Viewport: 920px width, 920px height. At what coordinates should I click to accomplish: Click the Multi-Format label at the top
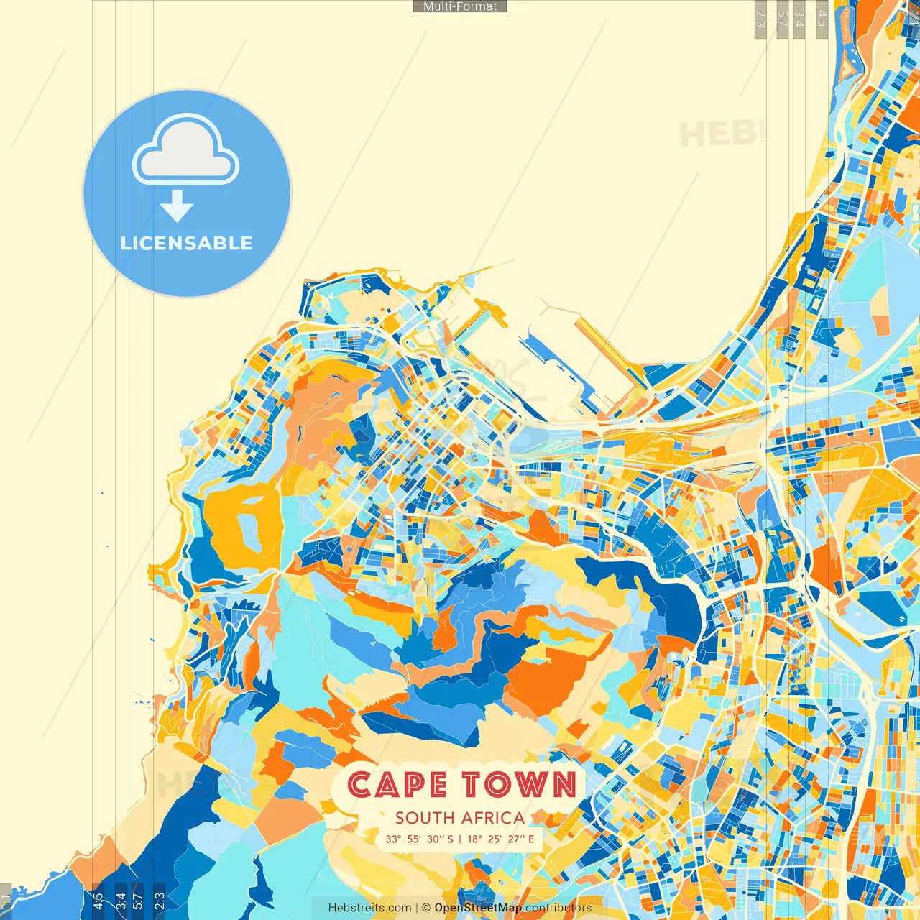click(460, 6)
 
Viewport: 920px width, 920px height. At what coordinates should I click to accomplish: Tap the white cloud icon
click(185, 151)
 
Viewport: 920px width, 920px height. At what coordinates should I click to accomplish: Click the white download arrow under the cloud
click(177, 207)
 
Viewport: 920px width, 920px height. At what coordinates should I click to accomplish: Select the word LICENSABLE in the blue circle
click(186, 243)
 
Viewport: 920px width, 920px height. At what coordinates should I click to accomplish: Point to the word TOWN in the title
click(519, 785)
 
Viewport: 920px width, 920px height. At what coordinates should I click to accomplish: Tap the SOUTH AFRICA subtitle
click(459, 818)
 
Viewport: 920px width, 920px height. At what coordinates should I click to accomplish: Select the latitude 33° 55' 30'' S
click(419, 839)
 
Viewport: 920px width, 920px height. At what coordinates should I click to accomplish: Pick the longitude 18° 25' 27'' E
click(501, 839)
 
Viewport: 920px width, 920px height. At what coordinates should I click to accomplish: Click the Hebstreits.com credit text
click(369, 908)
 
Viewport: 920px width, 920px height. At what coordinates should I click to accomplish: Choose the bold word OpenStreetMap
click(478, 908)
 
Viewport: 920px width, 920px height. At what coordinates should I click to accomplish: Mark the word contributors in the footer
click(558, 908)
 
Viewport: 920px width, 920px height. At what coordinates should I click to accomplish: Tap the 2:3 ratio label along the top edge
click(760, 19)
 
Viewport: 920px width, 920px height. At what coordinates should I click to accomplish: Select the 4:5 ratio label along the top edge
click(822, 19)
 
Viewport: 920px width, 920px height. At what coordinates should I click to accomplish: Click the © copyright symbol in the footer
click(426, 908)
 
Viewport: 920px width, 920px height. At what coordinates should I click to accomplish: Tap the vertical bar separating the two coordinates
click(460, 839)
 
